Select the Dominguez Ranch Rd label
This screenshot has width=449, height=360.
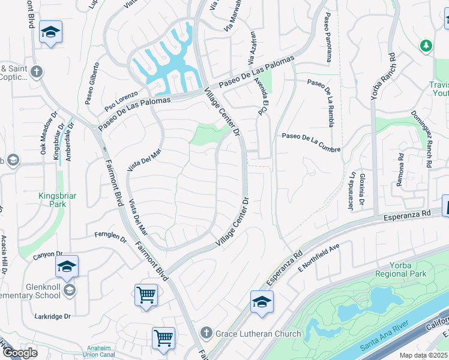[421, 131]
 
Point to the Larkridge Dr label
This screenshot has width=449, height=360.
[52, 316]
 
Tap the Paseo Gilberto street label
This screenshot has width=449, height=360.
[91, 83]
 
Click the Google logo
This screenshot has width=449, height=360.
[19, 353]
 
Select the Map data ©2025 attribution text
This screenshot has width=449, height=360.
[423, 355]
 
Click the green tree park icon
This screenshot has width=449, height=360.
[426, 45]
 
